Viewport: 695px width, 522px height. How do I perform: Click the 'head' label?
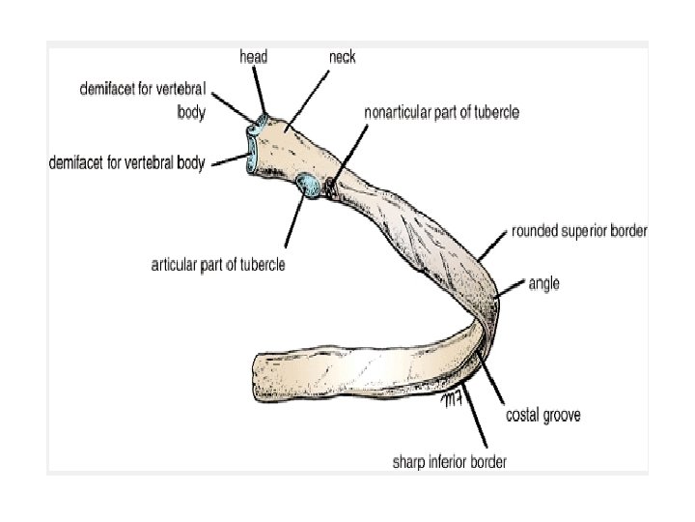[x=253, y=57]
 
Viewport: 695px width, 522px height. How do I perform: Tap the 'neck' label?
[x=342, y=57]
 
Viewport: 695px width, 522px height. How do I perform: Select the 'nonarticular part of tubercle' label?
[x=441, y=112]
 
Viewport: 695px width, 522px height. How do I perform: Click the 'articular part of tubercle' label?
[x=218, y=264]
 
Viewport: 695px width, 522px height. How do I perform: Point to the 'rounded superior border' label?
[x=579, y=231]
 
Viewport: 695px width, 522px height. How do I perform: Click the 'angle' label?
[x=543, y=283]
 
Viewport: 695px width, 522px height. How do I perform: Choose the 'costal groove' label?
[x=543, y=416]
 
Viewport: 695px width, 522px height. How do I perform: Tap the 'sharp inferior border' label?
[x=449, y=461]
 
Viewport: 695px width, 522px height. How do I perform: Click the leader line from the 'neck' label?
[x=309, y=100]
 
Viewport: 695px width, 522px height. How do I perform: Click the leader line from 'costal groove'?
[x=492, y=378]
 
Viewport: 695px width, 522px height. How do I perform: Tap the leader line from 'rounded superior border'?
[x=493, y=246]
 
